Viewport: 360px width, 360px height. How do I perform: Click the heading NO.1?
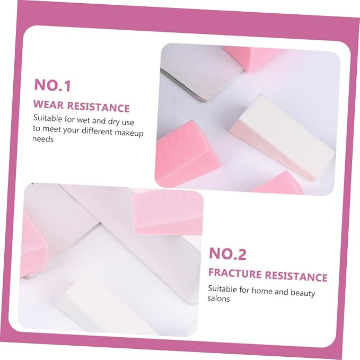point(52,85)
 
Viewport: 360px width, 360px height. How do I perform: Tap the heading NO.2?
point(227,254)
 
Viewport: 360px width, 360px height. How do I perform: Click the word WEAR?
point(48,104)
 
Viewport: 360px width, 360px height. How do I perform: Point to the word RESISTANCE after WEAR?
point(98,107)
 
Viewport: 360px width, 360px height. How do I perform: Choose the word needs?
point(43,139)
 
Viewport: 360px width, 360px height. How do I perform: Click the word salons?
point(218,298)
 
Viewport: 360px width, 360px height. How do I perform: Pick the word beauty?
point(303,293)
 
